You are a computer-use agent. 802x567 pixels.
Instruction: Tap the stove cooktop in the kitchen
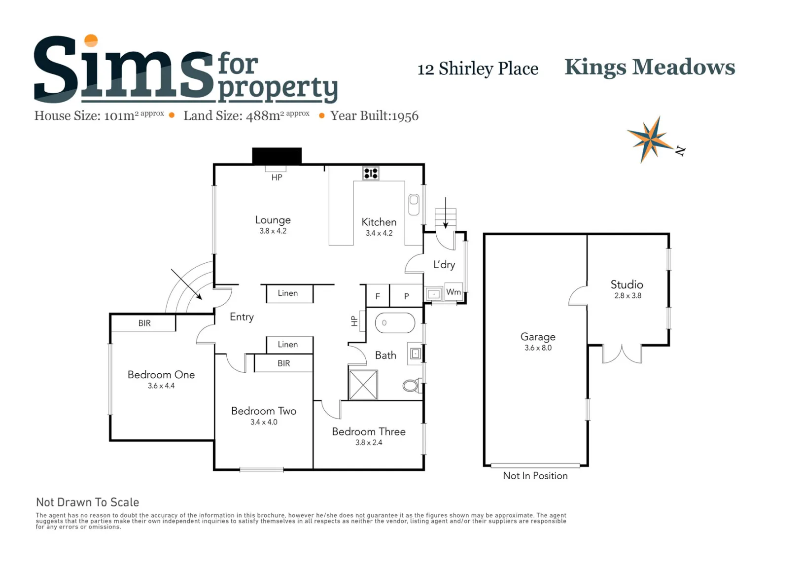pyautogui.click(x=371, y=174)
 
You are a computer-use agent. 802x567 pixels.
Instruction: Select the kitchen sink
pyautogui.click(x=414, y=205)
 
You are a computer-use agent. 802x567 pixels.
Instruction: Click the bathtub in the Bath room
pyautogui.click(x=395, y=323)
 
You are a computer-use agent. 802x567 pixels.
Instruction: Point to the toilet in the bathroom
pyautogui.click(x=412, y=386)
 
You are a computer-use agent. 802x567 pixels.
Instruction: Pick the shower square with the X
pyautogui.click(x=363, y=385)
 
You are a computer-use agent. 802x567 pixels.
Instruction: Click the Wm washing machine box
pyautogui.click(x=453, y=292)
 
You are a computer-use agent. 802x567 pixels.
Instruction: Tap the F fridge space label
pyautogui.click(x=378, y=296)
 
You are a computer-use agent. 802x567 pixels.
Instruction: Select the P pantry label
pyautogui.click(x=406, y=296)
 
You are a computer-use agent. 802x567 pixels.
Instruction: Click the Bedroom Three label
pyautogui.click(x=368, y=431)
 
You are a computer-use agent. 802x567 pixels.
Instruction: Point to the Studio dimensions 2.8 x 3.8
pyautogui.click(x=628, y=296)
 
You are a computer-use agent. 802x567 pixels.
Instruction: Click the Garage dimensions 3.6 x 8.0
pyautogui.click(x=538, y=348)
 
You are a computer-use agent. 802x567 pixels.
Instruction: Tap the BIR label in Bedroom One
pyautogui.click(x=144, y=323)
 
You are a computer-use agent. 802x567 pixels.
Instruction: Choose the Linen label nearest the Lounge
pyautogui.click(x=287, y=293)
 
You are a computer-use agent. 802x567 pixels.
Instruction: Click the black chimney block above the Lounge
pyautogui.click(x=277, y=156)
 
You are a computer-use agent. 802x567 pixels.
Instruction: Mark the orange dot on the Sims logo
pyautogui.click(x=91, y=40)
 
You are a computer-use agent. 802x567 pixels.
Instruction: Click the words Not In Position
pyautogui.click(x=535, y=476)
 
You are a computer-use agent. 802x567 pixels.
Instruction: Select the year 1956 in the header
pyautogui.click(x=405, y=116)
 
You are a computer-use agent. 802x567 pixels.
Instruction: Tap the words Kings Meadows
pyautogui.click(x=650, y=68)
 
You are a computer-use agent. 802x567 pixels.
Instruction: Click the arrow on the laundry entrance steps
pyautogui.click(x=446, y=213)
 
